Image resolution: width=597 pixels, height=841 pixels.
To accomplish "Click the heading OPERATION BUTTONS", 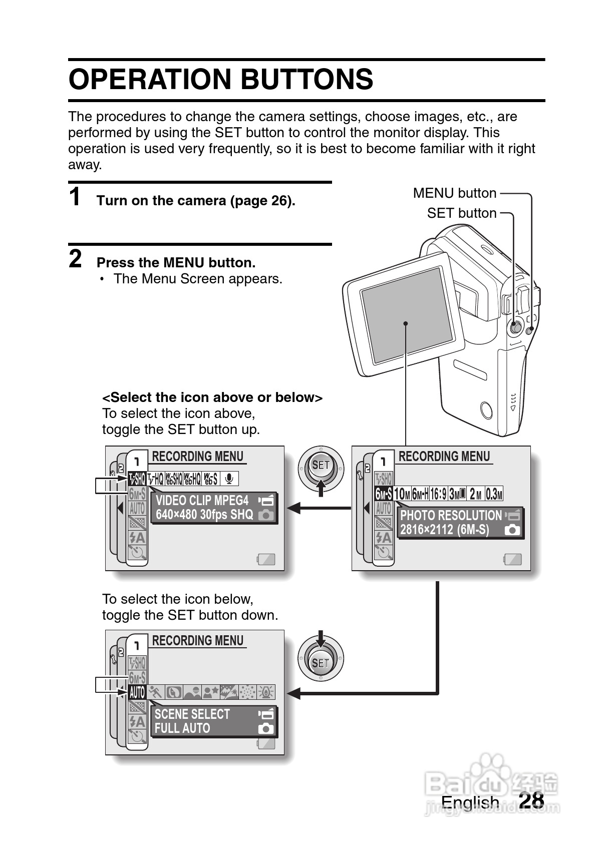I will pyautogui.click(x=221, y=80).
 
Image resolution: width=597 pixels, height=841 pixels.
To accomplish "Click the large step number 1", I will pyautogui.click(x=75, y=197).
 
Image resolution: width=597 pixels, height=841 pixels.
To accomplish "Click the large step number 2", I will pyautogui.click(x=75, y=259).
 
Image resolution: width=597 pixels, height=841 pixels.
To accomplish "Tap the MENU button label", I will pyautogui.click(x=454, y=193).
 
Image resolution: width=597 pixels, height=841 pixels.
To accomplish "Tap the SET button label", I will pyautogui.click(x=461, y=213).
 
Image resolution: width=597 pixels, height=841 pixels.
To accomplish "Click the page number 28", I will pyautogui.click(x=531, y=800).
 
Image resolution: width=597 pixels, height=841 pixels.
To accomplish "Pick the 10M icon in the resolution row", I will pyautogui.click(x=402, y=494).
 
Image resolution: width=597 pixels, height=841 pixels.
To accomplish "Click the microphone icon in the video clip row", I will pyautogui.click(x=229, y=479).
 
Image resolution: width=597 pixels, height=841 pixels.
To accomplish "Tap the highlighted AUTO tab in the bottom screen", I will pyautogui.click(x=137, y=693).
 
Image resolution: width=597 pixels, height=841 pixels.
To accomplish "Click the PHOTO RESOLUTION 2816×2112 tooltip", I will pyautogui.click(x=460, y=523).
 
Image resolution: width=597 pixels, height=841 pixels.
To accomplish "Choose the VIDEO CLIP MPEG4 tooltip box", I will pyautogui.click(x=214, y=508).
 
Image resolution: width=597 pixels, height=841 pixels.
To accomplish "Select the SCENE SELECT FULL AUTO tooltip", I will pyautogui.click(x=214, y=721).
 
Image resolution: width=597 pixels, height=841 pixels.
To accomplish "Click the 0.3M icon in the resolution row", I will pyautogui.click(x=494, y=494).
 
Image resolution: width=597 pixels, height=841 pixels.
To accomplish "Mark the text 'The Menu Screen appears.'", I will pyautogui.click(x=198, y=279).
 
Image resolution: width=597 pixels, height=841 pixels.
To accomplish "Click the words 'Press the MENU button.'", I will pyautogui.click(x=176, y=263).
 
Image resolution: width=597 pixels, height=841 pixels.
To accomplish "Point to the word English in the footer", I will pyautogui.click(x=470, y=802).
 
